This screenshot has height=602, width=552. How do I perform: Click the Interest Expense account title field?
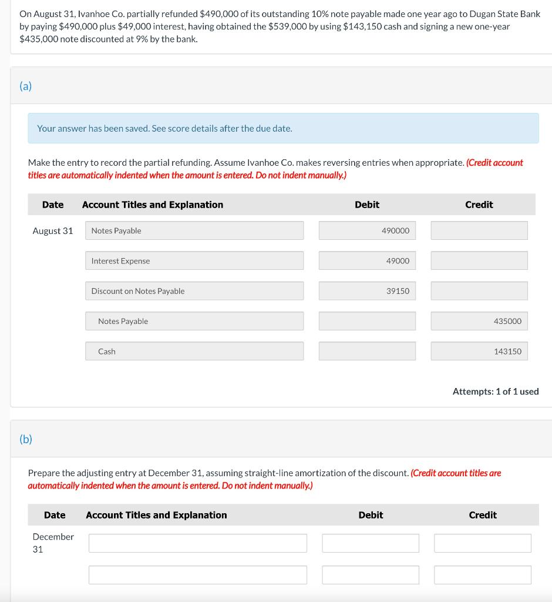point(194,261)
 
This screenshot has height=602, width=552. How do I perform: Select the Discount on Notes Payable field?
point(194,291)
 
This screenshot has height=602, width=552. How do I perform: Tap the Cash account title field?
point(194,352)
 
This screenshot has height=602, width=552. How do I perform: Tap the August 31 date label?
point(53,231)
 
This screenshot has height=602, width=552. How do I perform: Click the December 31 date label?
point(53,543)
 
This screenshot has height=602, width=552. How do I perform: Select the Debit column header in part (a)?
point(367,205)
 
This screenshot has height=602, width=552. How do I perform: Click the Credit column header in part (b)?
point(483,515)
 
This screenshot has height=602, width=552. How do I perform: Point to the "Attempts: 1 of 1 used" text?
point(496,392)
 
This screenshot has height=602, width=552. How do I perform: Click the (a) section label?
point(26,86)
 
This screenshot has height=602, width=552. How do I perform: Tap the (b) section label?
point(26,439)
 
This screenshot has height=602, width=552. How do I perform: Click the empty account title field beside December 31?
point(197,543)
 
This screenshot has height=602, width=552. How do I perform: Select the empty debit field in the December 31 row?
point(371,543)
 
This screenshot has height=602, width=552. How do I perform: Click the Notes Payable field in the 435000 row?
point(194,321)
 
